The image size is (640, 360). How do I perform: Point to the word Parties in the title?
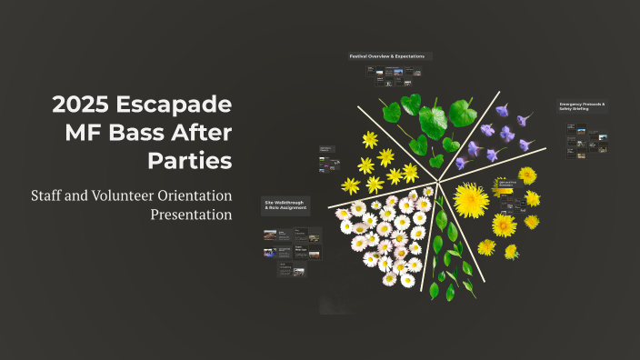[x=190, y=161]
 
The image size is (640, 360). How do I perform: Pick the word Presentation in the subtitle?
[x=191, y=215]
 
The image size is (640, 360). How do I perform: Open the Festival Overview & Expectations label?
[x=386, y=56]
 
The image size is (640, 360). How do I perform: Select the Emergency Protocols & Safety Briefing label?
[x=582, y=108]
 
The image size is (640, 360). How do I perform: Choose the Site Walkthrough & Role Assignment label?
[x=285, y=205]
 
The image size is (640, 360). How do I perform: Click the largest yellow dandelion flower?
[x=472, y=200]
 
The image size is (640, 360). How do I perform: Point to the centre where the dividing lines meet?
[x=437, y=179]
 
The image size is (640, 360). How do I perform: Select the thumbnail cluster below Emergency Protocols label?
[x=586, y=141]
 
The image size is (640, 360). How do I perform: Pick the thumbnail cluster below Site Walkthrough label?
[x=292, y=250]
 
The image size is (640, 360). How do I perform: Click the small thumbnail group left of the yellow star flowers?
[x=328, y=159]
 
